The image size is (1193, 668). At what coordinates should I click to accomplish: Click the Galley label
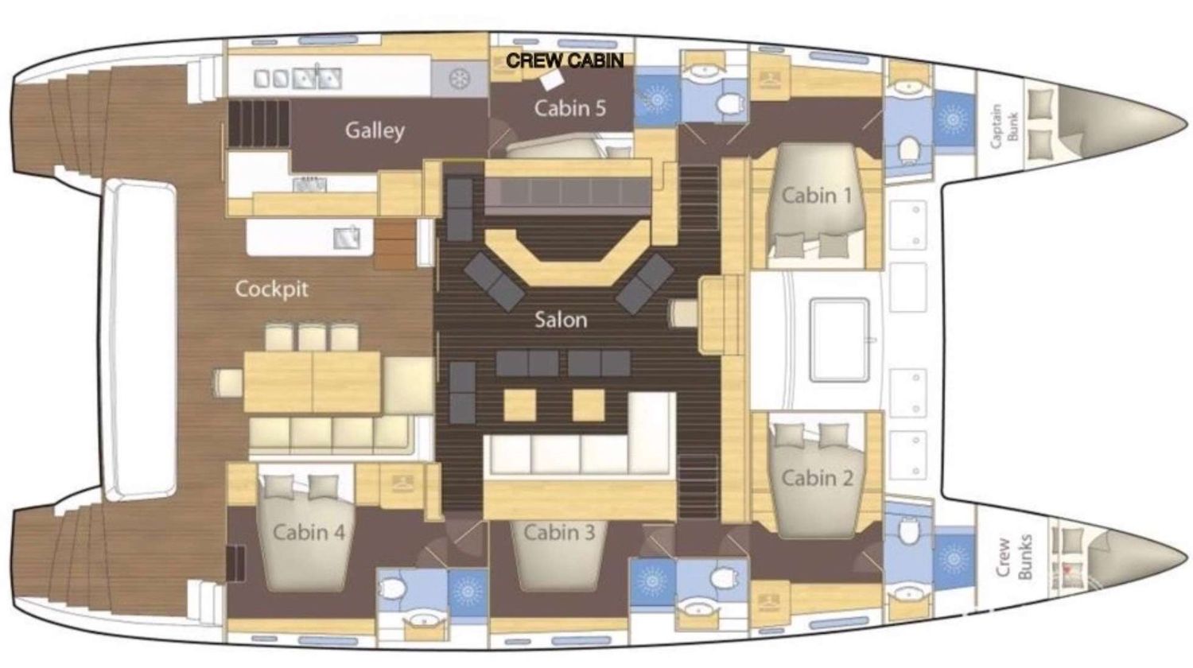375,130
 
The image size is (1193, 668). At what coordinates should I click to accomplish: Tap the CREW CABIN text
565,60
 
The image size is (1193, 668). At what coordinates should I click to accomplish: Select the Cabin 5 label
569,107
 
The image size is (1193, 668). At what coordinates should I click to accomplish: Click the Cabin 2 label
817,477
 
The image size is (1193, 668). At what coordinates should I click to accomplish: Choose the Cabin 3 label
559,532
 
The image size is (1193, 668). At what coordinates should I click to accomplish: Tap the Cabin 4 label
309,532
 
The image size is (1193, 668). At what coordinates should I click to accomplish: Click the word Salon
561,320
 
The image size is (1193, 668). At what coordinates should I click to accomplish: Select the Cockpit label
271,289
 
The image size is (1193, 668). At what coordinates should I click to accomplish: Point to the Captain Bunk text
1004,126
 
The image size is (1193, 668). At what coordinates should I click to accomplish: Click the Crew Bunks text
1014,556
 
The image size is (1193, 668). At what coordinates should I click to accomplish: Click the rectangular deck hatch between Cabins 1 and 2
840,340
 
